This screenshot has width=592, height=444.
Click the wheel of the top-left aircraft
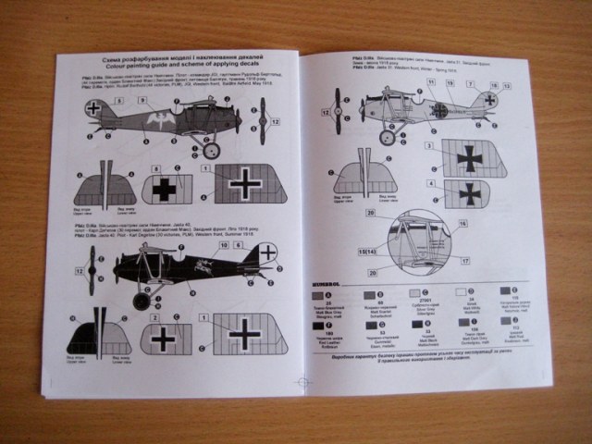[x=211, y=149]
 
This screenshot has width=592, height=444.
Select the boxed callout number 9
[x=156, y=168]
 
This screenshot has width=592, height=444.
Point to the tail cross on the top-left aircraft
[x=92, y=109]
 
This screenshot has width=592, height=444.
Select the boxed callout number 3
[x=430, y=145]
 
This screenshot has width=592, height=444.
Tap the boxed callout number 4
[x=430, y=185]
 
